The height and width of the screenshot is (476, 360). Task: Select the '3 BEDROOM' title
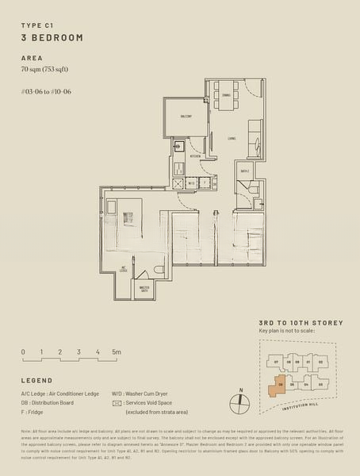(x=52, y=38)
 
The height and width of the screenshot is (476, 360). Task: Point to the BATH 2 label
(x=245, y=171)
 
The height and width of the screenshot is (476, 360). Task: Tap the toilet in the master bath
(x=159, y=272)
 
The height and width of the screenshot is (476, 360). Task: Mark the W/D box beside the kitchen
(x=191, y=183)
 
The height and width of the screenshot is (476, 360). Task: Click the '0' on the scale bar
(x=23, y=351)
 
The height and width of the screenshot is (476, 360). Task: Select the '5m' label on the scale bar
(x=116, y=351)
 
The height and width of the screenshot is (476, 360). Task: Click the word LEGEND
(x=36, y=381)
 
